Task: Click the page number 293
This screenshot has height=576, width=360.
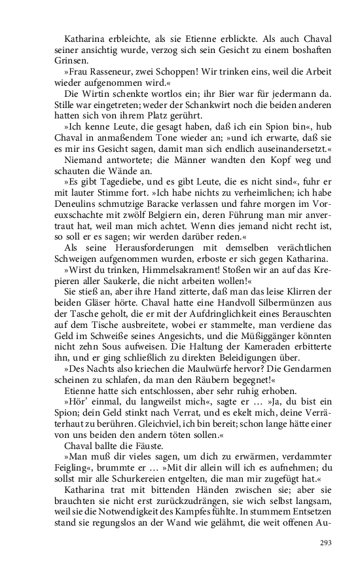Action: pos(326,543)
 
